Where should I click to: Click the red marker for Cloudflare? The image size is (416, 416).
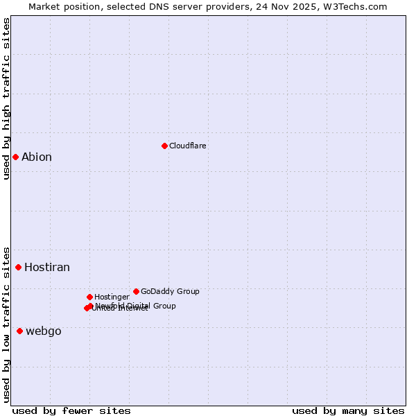(164, 146)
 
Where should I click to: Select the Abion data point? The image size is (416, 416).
(15, 157)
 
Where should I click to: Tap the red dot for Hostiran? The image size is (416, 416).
(18, 267)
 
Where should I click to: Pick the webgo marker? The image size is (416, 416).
(19, 331)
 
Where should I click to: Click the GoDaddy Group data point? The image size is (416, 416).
(136, 291)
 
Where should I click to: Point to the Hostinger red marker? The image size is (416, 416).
(89, 297)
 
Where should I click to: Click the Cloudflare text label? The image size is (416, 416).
(188, 146)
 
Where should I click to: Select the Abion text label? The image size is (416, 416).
(37, 157)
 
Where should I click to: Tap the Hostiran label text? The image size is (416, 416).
(47, 267)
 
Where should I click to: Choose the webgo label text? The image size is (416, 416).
(44, 331)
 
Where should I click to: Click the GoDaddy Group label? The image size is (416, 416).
(170, 291)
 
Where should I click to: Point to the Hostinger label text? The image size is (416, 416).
(112, 297)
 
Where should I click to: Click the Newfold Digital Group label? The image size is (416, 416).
(136, 305)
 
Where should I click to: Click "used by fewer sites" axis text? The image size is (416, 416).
(71, 410)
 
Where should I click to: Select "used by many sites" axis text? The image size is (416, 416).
(348, 410)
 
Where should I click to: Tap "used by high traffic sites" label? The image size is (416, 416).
(6, 98)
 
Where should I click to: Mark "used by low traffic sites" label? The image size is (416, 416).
(6, 324)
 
